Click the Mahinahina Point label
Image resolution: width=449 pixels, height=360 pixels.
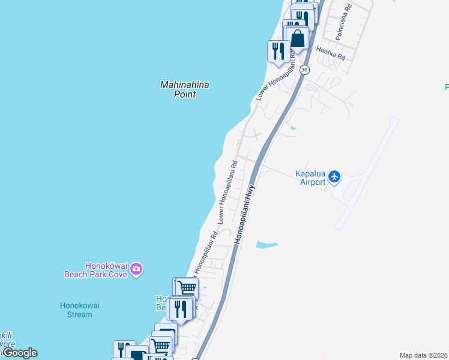click(x=184, y=89)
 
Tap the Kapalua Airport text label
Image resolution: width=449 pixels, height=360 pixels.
click(x=310, y=178)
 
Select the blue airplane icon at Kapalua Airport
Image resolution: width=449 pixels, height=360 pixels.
click(x=334, y=177)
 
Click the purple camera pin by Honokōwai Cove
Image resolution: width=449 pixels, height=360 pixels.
click(x=136, y=269)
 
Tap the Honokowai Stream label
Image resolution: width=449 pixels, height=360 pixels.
click(x=79, y=310)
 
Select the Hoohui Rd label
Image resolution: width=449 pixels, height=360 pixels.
click(x=331, y=53)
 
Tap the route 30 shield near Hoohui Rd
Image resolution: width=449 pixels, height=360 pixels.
click(x=304, y=69)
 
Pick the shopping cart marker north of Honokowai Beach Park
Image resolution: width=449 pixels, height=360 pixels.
click(x=187, y=288)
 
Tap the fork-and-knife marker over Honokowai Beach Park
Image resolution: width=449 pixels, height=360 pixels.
click(x=180, y=308)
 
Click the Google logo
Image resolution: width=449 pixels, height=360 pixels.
click(x=19, y=353)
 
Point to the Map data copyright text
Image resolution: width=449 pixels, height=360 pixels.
click(x=424, y=355)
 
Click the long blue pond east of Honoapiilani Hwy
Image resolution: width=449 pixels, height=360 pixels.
click(x=267, y=245)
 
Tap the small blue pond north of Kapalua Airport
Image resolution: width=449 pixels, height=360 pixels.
click(x=292, y=128)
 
